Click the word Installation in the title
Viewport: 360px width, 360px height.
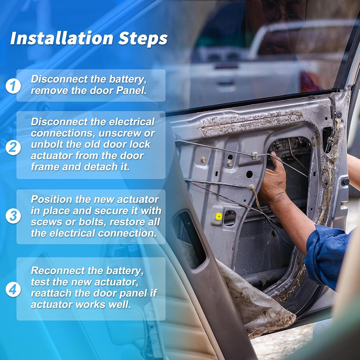tap(62, 39)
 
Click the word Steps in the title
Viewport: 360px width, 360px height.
tap(143, 39)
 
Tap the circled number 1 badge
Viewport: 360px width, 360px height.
tap(13, 86)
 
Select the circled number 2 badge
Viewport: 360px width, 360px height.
tap(13, 147)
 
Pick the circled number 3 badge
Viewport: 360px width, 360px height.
tap(13, 216)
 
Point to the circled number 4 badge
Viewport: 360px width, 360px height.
tap(13, 289)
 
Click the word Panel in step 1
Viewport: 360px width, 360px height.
tap(131, 90)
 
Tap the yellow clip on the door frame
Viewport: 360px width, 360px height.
tap(219, 216)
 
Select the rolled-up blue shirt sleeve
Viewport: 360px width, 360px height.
tap(327, 255)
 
